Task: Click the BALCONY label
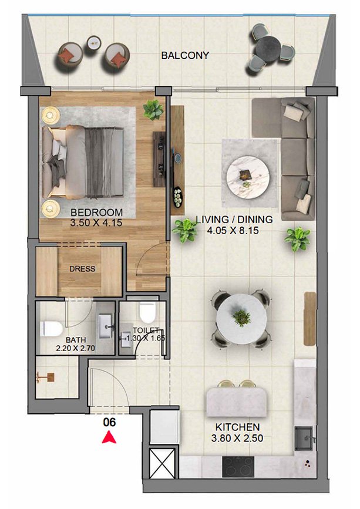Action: pyautogui.click(x=185, y=56)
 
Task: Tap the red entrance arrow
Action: pyautogui.click(x=109, y=437)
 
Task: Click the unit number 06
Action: pyautogui.click(x=109, y=422)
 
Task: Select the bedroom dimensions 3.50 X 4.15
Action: pyautogui.click(x=96, y=223)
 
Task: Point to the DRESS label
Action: pyautogui.click(x=82, y=269)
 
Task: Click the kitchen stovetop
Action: pyautogui.click(x=238, y=467)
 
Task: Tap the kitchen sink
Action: pyautogui.click(x=304, y=439)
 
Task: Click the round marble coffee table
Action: pyautogui.click(x=248, y=177)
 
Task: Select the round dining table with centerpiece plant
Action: pyautogui.click(x=241, y=319)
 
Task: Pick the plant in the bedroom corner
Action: pyautogui.click(x=153, y=110)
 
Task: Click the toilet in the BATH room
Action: pyautogui.click(x=51, y=329)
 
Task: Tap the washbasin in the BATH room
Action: pyautogui.click(x=106, y=326)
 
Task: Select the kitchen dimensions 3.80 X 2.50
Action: pyautogui.click(x=237, y=438)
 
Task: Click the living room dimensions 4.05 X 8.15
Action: pyautogui.click(x=233, y=231)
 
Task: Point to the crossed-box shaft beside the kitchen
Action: pyautogui.click(x=162, y=463)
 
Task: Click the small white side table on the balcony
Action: pyautogui.click(x=94, y=42)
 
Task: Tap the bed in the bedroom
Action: pyautogui.click(x=83, y=162)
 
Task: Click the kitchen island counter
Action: pyautogui.click(x=237, y=403)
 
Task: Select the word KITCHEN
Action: pyautogui.click(x=238, y=427)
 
